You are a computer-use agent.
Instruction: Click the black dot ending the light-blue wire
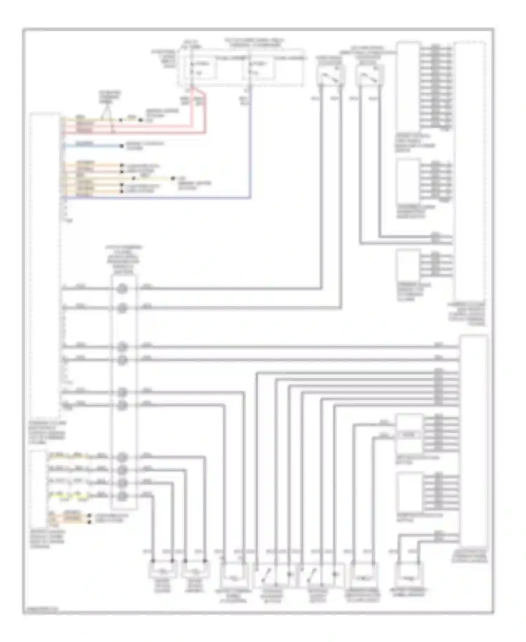pos(122,146)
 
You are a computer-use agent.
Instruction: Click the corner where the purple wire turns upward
pos(250,198)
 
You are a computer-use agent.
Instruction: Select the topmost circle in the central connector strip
pos(122,289)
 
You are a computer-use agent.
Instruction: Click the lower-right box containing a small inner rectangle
pos(409,434)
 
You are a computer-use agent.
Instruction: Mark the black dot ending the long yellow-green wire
pos(173,178)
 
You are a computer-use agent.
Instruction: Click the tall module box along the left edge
pos(45,267)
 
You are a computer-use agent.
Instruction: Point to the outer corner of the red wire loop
pos(205,133)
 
